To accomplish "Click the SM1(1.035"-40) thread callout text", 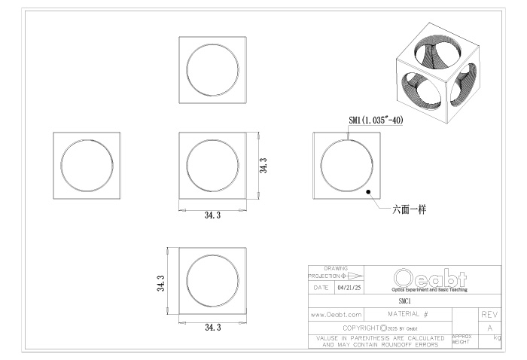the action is click(376, 120).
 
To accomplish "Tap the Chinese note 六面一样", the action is click(409, 209).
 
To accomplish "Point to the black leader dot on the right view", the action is click(368, 191).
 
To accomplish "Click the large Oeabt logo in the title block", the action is click(430, 278).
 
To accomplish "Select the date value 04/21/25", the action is click(349, 288).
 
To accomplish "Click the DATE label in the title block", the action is click(321, 288).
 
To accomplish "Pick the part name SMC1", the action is click(405, 301).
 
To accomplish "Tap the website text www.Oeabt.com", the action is click(336, 315).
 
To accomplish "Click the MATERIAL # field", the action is click(408, 314).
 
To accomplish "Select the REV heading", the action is click(489, 315).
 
